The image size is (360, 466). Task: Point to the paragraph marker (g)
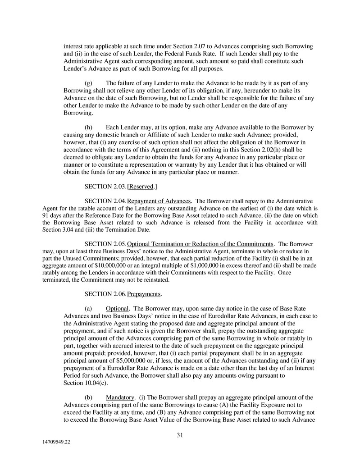tap(89, 83)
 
